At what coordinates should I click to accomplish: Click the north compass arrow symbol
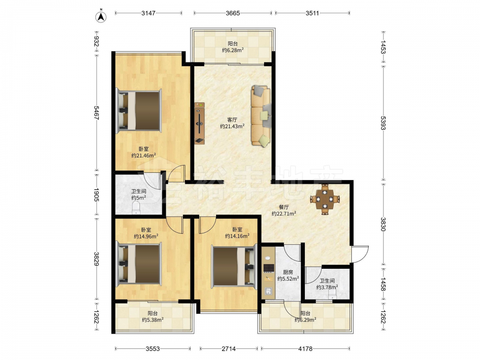101,17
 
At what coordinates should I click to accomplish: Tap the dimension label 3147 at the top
148,13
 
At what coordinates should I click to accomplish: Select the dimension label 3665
233,13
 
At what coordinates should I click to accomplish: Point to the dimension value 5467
96,113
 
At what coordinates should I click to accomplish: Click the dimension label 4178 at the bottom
305,348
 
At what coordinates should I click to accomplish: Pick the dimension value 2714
228,348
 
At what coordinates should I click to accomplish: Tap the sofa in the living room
261,116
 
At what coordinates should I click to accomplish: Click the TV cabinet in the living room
200,123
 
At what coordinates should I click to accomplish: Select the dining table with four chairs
325,199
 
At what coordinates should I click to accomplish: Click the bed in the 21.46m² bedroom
139,111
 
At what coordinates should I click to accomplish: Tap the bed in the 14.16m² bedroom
234,266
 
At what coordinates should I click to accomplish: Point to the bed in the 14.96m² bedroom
139,263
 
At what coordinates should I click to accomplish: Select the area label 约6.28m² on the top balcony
233,50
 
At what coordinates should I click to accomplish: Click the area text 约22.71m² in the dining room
284,214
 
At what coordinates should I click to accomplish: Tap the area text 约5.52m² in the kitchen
288,278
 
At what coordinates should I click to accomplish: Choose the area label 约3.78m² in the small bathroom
327,287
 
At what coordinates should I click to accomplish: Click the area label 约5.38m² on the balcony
153,320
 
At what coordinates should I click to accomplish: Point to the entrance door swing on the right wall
360,254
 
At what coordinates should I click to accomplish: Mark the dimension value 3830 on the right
383,224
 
